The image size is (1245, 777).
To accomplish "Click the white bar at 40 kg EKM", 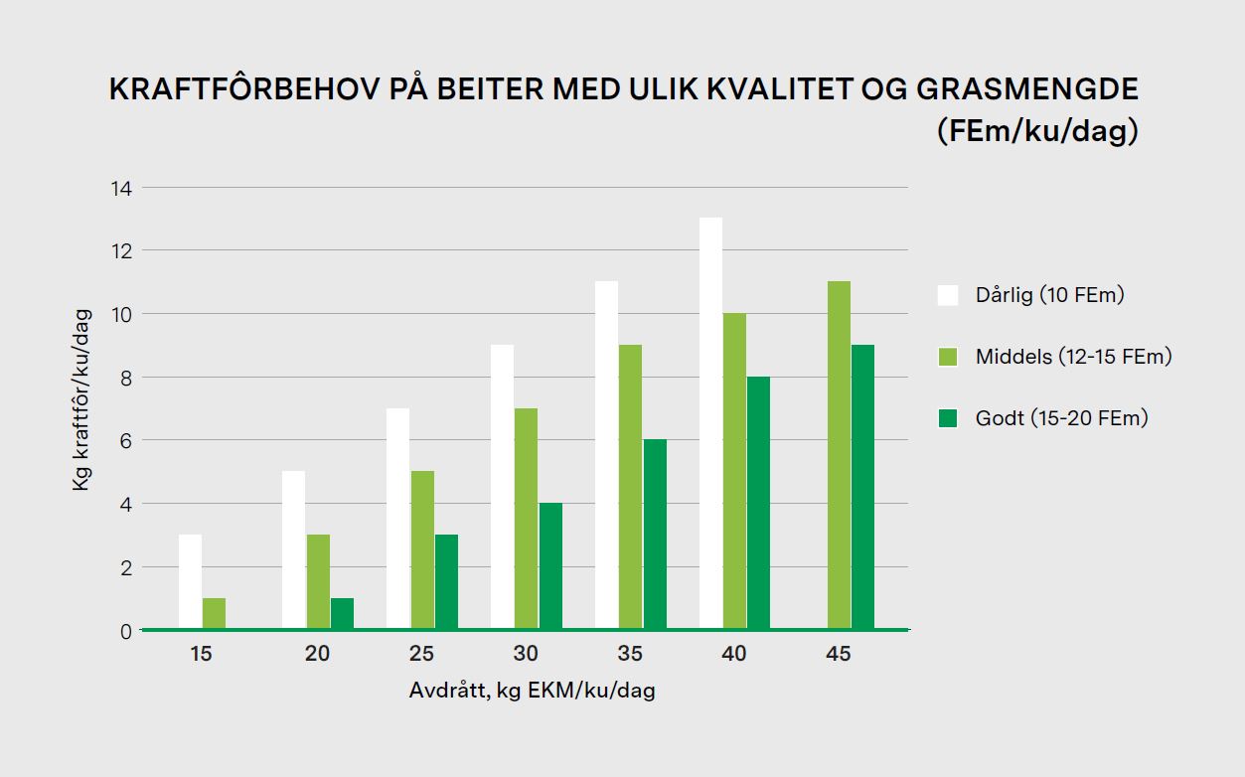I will pyautogui.click(x=710, y=423).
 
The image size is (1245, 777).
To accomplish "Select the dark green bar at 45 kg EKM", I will pyautogui.click(x=862, y=487).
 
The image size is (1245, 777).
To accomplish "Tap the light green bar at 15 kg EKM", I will pyautogui.click(x=214, y=613).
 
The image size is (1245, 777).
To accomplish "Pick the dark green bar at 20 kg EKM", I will pyautogui.click(x=342, y=613).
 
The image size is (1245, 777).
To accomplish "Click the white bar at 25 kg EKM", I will pyautogui.click(x=398, y=519).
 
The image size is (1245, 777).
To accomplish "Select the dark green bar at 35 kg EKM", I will pyautogui.click(x=655, y=534).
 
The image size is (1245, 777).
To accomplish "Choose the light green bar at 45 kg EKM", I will pyautogui.click(x=839, y=455).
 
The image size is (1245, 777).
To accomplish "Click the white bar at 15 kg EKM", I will pyautogui.click(x=190, y=581).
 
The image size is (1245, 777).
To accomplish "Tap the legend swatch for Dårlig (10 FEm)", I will pyautogui.click(x=948, y=295).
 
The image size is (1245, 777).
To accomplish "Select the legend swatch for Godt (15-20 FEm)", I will pyautogui.click(x=948, y=418).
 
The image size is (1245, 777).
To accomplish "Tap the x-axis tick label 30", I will pyautogui.click(x=526, y=654).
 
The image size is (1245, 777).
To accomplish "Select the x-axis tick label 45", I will pyautogui.click(x=839, y=654).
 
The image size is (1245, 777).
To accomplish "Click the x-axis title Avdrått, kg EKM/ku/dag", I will pyautogui.click(x=532, y=691).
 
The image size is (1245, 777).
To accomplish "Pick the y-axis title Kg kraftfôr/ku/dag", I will pyautogui.click(x=81, y=399).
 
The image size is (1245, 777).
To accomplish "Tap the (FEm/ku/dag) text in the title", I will pyautogui.click(x=1036, y=132).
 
